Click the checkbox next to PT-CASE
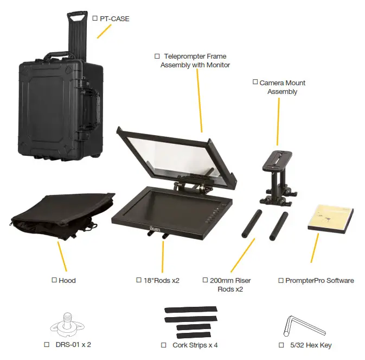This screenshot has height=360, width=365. click(x=95, y=18)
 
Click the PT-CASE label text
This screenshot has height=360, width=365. click(x=114, y=18)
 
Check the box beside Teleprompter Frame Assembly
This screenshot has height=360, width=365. click(x=157, y=56)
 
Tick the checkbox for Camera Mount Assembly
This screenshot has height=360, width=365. click(x=255, y=83)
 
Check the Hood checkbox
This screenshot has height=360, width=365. click(x=54, y=280)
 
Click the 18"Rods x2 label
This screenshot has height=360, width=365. click(x=161, y=280)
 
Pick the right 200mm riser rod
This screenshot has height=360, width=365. click(x=278, y=226)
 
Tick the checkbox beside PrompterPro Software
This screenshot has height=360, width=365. click(x=281, y=280)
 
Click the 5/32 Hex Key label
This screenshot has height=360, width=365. click(x=311, y=345)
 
